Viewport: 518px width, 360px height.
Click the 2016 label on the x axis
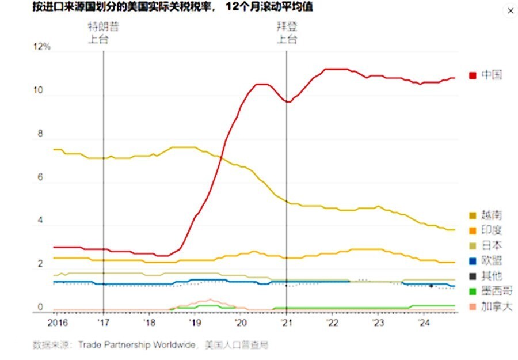pyautogui.click(x=58, y=322)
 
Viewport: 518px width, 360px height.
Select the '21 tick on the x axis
pyautogui.click(x=286, y=322)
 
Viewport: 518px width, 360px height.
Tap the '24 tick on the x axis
pyautogui.click(x=423, y=322)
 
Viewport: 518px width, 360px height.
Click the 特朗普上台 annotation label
pyautogui.click(x=104, y=33)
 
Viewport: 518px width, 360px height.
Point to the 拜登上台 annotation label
pyautogui.click(x=287, y=33)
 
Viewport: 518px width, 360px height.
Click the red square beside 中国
pyautogui.click(x=473, y=75)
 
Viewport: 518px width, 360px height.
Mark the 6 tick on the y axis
pyautogui.click(x=41, y=178)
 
